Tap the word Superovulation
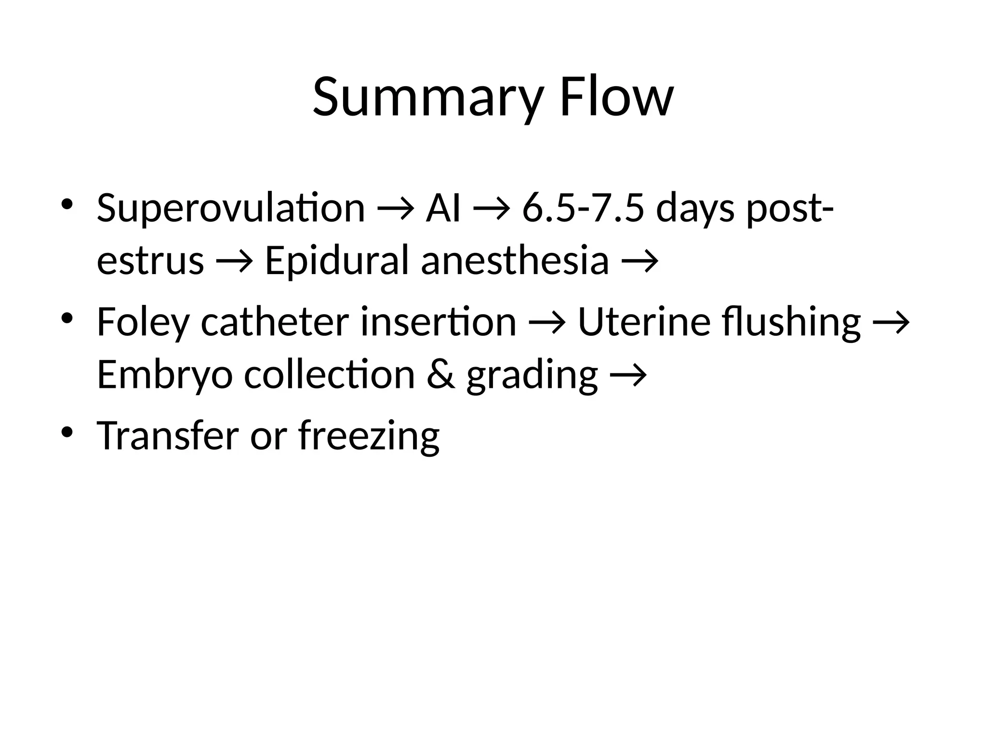[x=231, y=208]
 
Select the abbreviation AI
[x=443, y=208]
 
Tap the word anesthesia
[x=515, y=261]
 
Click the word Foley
[x=143, y=322]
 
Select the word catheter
[x=274, y=321]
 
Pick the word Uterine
[x=644, y=321]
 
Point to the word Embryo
[x=165, y=375]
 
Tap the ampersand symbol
[x=440, y=374]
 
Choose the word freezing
[x=369, y=436]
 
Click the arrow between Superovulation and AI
[x=395, y=209]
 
